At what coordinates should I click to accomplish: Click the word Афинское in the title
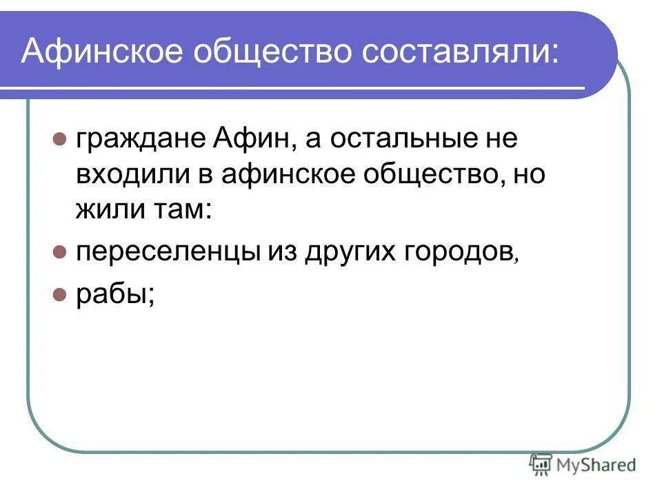pos(101,52)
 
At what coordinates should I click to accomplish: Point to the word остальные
pos(396,139)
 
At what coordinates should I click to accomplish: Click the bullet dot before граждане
pos(60,138)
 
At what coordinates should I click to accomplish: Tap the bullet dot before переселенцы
pos(60,251)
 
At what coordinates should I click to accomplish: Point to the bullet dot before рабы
pos(60,294)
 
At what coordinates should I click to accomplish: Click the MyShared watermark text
pos(596,465)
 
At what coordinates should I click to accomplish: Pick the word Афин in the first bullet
pos(254,139)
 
